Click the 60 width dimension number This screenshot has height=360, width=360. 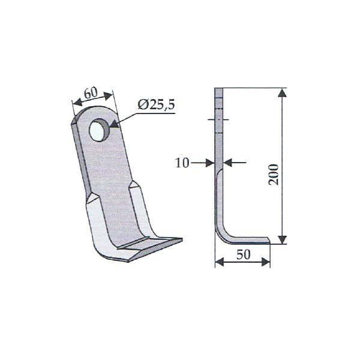coord(91,92)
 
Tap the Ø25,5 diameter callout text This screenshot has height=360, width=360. coord(156,104)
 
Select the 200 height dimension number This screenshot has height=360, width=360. coord(274,175)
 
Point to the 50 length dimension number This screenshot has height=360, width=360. coord(244,254)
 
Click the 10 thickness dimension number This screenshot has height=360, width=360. coord(182,163)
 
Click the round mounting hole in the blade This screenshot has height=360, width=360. coord(100,130)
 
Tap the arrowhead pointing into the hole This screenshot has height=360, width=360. coord(115,124)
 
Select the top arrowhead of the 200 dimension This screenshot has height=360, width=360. coord(283,94)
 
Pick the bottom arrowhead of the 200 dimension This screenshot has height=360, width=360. coord(283,239)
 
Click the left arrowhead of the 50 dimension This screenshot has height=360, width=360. coord(220,262)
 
